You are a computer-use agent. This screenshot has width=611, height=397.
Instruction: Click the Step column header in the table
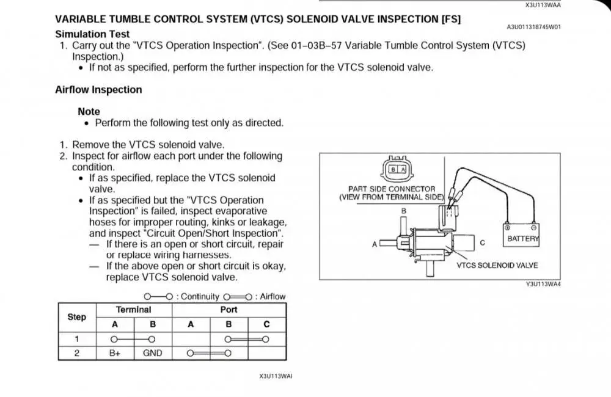pos(77,317)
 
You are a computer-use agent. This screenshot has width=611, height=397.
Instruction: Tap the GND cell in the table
pos(153,352)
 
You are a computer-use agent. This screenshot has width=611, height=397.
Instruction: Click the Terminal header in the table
pos(134,310)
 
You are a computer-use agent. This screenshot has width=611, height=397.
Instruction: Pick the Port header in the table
pos(229,310)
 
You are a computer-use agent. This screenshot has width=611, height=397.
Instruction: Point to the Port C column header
pos(266,324)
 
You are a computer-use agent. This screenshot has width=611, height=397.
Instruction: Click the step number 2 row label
pos(77,352)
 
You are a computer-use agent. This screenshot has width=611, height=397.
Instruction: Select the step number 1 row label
pos(77,339)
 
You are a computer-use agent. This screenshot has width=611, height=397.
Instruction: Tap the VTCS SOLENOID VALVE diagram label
pos(497,266)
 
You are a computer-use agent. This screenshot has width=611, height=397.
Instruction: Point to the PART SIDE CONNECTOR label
pos(392,189)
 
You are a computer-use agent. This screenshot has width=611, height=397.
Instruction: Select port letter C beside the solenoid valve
pos(482,243)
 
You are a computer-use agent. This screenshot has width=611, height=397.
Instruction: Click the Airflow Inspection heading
pos(98,90)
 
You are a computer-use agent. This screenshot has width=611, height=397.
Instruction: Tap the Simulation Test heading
pos(92,34)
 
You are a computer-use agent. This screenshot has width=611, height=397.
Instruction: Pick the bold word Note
pos(89,112)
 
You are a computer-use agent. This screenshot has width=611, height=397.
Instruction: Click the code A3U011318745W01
pos(533,27)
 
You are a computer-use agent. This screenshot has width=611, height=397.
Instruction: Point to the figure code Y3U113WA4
pos(543,284)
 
